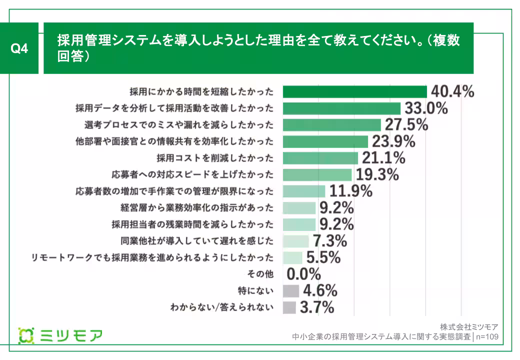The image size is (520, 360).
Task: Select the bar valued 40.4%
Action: tap(354, 91)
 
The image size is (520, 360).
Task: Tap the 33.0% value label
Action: tap(425, 108)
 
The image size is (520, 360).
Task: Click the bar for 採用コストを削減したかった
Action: tap(320, 158)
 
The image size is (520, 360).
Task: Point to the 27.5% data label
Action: tap(405, 124)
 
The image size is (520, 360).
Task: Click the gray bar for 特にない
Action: tap(290, 291)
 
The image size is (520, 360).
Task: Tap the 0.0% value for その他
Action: tap(303, 274)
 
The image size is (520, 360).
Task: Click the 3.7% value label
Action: tap(316, 307)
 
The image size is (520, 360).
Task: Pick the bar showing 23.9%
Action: tap(325, 141)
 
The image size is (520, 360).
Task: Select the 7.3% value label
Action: tap(330, 241)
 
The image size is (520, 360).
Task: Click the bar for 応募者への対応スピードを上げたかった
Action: tap(317, 174)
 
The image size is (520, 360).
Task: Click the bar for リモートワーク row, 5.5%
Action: tap(292, 257)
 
